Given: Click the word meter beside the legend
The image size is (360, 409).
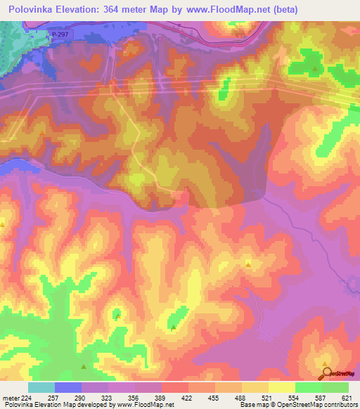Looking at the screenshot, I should point(9,398).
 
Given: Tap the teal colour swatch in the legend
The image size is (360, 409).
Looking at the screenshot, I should point(41,387).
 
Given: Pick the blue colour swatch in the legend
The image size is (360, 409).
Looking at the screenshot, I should point(67,387).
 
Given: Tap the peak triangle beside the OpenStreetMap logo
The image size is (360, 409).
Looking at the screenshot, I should point(326,364).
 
